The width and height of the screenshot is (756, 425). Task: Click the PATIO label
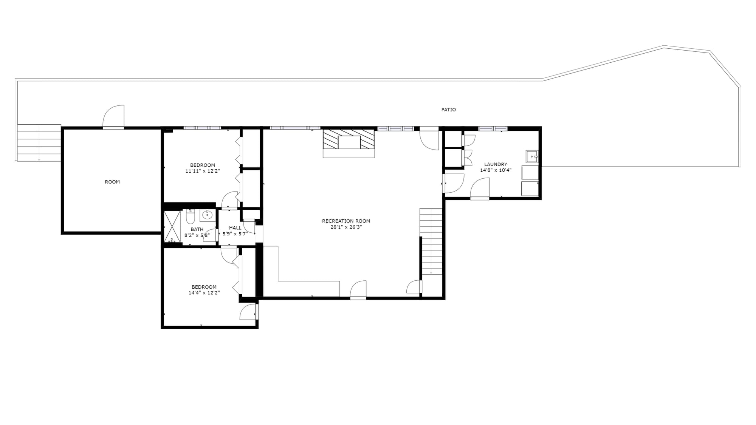(449, 110)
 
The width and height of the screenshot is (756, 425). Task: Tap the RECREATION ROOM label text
(346, 221)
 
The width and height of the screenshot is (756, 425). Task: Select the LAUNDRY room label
(496, 164)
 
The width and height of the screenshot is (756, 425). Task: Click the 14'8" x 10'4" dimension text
(496, 170)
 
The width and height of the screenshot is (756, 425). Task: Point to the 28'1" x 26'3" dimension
(346, 227)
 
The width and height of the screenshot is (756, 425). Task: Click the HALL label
(235, 228)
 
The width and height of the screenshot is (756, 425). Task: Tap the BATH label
(197, 229)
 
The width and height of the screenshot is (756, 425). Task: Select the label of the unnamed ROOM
(112, 182)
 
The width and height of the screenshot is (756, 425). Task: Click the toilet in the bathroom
(190, 216)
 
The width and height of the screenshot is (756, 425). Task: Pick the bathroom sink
(207, 215)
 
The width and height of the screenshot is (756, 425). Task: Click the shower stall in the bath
(172, 226)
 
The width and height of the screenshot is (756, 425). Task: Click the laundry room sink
(532, 156)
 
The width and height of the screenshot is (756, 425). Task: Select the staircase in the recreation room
(431, 241)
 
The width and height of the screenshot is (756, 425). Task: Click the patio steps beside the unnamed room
(39, 143)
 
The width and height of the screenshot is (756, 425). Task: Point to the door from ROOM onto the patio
(113, 117)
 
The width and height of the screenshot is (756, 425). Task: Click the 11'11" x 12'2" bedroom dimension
(203, 171)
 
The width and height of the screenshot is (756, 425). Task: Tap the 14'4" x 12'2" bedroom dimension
(204, 293)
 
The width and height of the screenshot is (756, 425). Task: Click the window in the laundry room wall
(493, 128)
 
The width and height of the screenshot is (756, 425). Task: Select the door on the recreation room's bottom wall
(358, 290)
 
